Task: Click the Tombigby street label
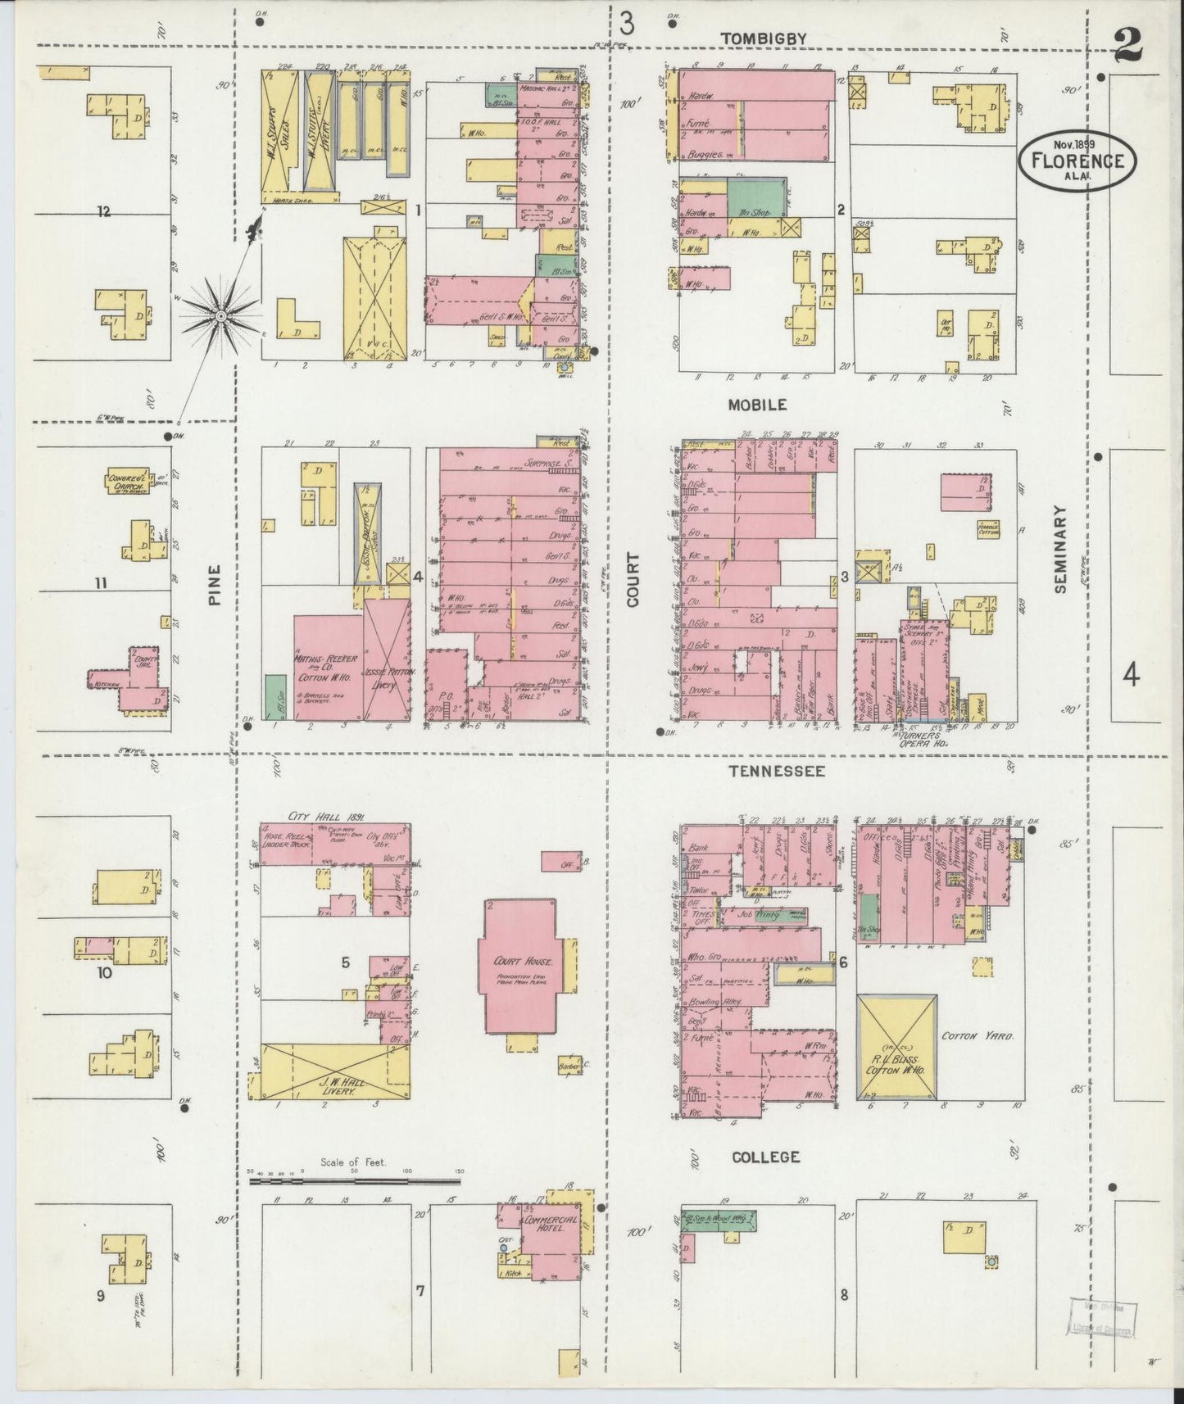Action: click(x=764, y=38)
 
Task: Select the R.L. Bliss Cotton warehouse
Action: click(x=896, y=1046)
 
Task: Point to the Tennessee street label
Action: click(x=777, y=771)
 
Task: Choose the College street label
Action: click(x=765, y=1157)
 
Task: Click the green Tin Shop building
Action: click(x=754, y=197)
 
